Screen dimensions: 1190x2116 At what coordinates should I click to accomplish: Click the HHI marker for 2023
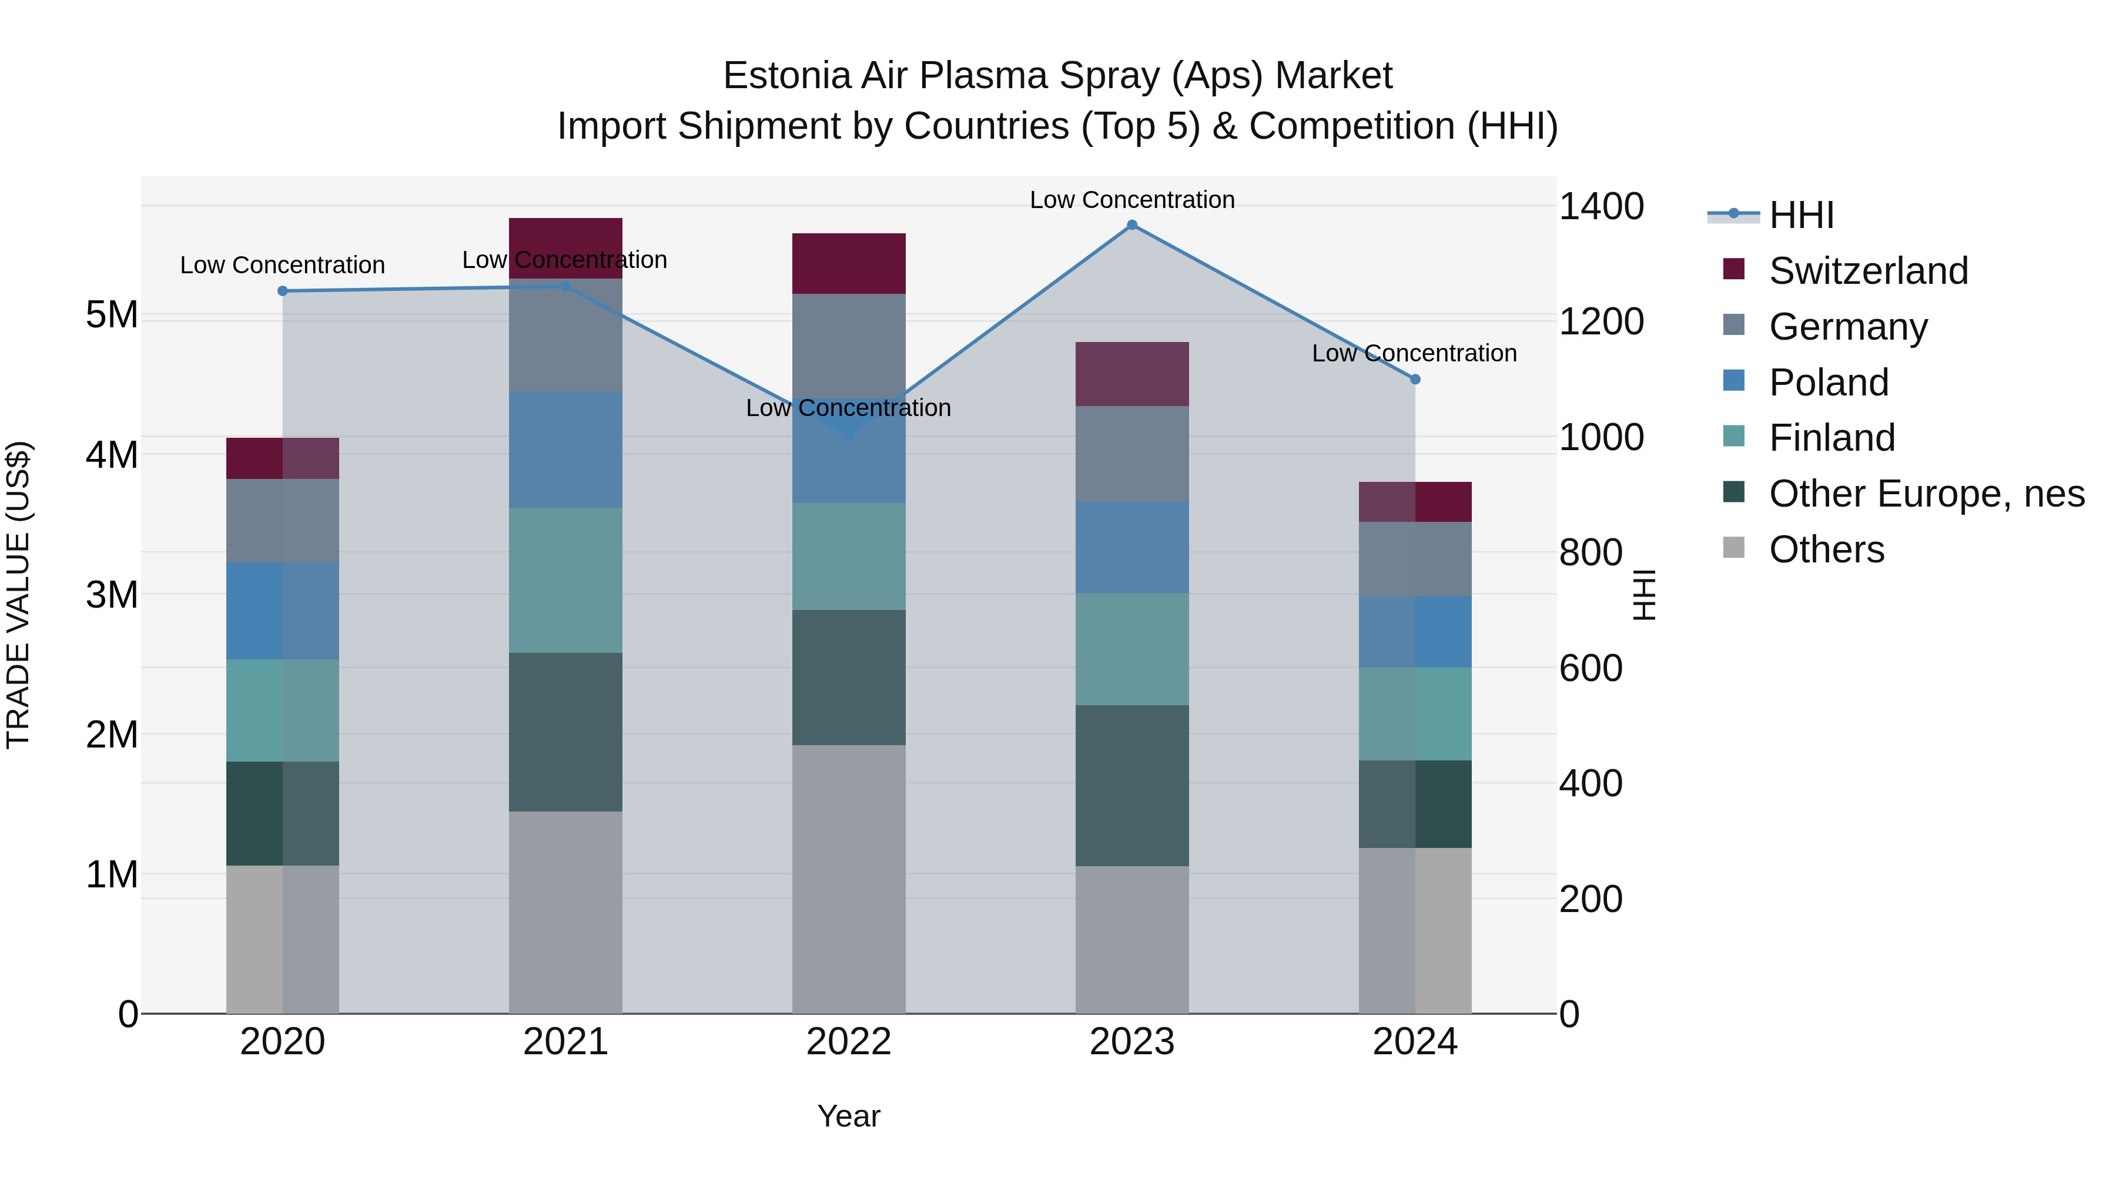[1132, 225]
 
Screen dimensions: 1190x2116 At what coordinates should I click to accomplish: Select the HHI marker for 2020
[283, 291]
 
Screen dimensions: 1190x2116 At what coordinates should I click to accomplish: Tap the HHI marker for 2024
[1415, 380]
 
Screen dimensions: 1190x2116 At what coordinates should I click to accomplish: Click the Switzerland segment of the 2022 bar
[849, 264]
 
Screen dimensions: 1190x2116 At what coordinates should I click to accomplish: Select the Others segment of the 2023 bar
[1132, 940]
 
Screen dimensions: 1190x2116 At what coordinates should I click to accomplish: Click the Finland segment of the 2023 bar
[1132, 649]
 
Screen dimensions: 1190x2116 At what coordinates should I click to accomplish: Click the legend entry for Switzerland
[1868, 271]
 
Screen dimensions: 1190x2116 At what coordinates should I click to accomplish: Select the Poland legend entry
[1829, 383]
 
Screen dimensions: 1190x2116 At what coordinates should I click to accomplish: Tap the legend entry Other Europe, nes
[1926, 494]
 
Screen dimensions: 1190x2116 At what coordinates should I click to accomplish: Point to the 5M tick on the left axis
[112, 314]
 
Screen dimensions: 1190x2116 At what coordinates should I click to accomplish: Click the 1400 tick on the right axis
[1601, 206]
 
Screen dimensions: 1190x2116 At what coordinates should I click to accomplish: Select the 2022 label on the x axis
[849, 1042]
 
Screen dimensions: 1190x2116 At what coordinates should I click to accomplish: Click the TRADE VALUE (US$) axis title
[18, 595]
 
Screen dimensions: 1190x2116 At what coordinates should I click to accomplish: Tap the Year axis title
[849, 1116]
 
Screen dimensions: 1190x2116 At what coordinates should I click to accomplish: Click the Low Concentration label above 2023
[1132, 200]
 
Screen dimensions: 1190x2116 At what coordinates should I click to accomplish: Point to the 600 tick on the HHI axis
[1591, 669]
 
